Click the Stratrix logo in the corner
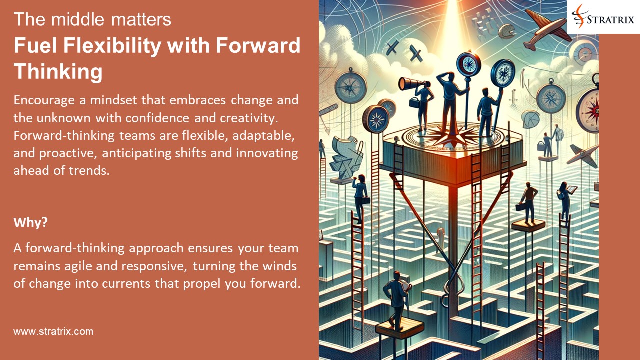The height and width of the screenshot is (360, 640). tap(603, 17)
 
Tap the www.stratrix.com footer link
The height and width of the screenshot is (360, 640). tap(53, 331)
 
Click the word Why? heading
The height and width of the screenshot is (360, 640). tap(30, 222)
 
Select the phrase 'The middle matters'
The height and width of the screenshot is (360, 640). tap(92, 20)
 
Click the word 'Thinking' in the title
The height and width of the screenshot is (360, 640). tap(58, 72)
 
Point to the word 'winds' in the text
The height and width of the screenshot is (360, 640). tap(279, 265)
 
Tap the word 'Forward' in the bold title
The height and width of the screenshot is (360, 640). tap(258, 46)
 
